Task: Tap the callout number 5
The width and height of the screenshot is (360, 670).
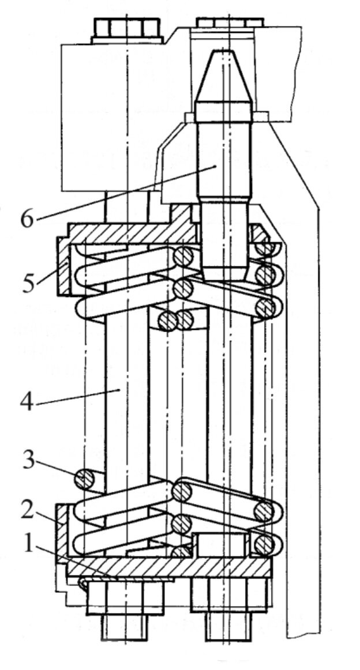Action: tap(29, 283)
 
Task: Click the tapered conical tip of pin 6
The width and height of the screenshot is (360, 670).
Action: tap(222, 75)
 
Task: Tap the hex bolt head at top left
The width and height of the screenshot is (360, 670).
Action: tap(125, 29)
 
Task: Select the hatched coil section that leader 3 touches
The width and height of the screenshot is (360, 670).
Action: tap(85, 479)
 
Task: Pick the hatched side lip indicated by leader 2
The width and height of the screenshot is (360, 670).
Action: tap(62, 528)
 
